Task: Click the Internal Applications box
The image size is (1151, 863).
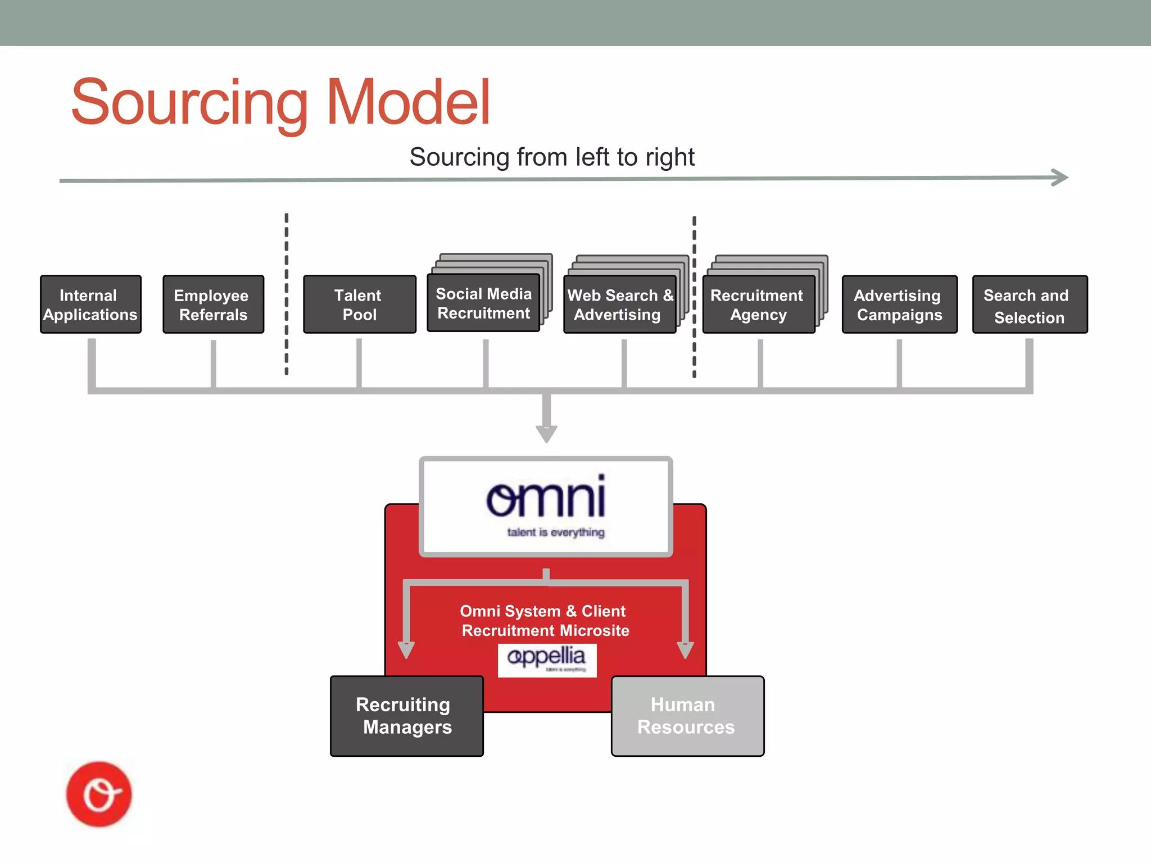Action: pos(90,305)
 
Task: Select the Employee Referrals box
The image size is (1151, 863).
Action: pos(213,305)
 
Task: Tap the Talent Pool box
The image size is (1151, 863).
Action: pos(359,305)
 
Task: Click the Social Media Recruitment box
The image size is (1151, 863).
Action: pos(483,303)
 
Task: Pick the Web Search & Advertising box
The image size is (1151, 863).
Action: pos(619,305)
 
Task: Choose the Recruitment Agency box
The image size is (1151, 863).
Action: pos(758,305)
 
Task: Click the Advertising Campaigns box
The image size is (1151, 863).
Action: pos(899,305)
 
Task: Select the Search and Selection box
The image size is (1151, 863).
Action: pos(1029,305)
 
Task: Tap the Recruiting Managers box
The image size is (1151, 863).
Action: pos(406,716)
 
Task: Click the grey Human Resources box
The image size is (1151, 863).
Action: pos(687,716)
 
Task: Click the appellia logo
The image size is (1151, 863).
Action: pos(546,658)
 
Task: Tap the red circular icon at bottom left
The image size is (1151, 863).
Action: pos(99,794)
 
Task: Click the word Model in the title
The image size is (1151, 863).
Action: pos(408,103)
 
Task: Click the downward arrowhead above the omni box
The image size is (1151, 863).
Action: pos(546,434)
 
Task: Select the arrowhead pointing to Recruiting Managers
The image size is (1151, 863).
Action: pos(406,649)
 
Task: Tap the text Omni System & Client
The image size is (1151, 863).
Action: pos(542,611)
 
